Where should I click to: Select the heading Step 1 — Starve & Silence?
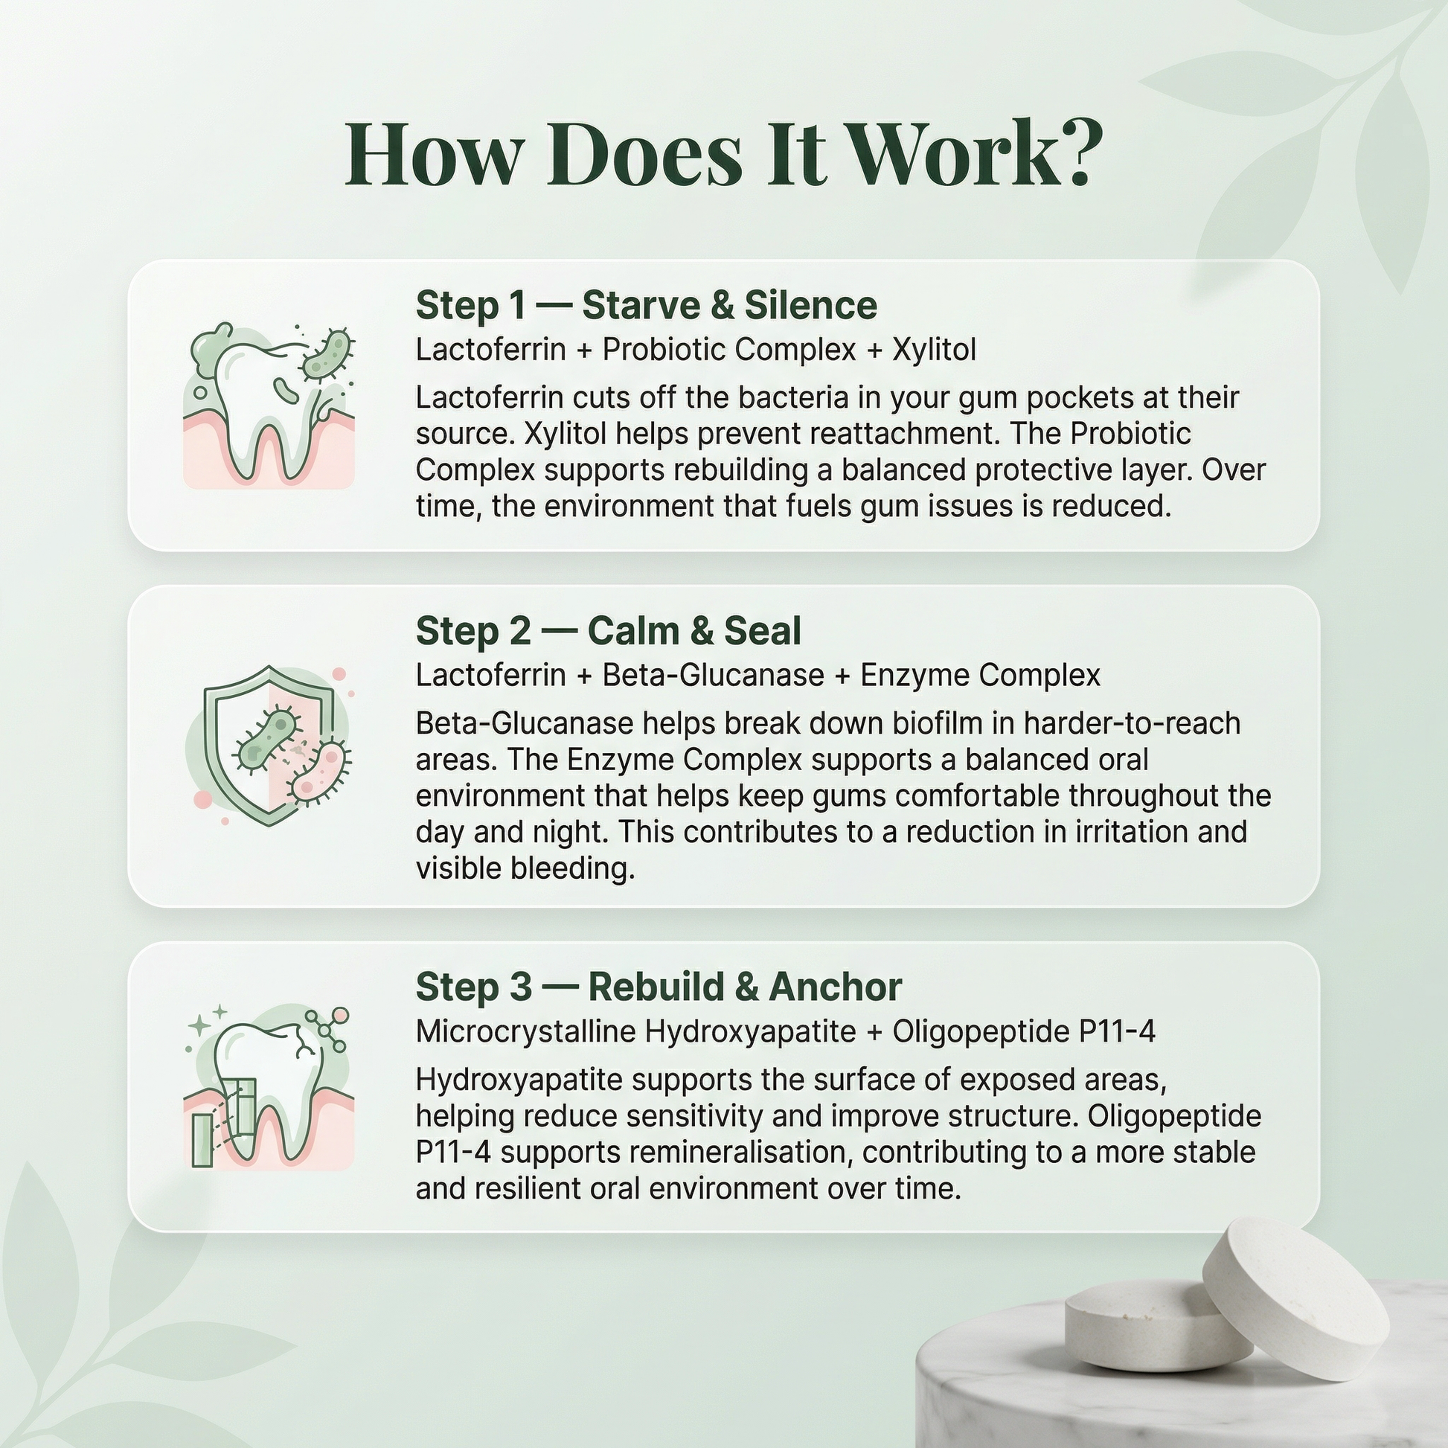[646, 305]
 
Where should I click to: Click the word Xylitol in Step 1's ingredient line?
[934, 350]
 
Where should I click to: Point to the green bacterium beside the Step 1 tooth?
[327, 353]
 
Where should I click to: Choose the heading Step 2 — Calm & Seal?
[609, 631]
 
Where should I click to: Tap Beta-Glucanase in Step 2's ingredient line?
[714, 676]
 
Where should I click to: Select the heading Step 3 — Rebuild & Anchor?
[659, 987]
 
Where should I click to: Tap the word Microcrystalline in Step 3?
[526, 1031]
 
